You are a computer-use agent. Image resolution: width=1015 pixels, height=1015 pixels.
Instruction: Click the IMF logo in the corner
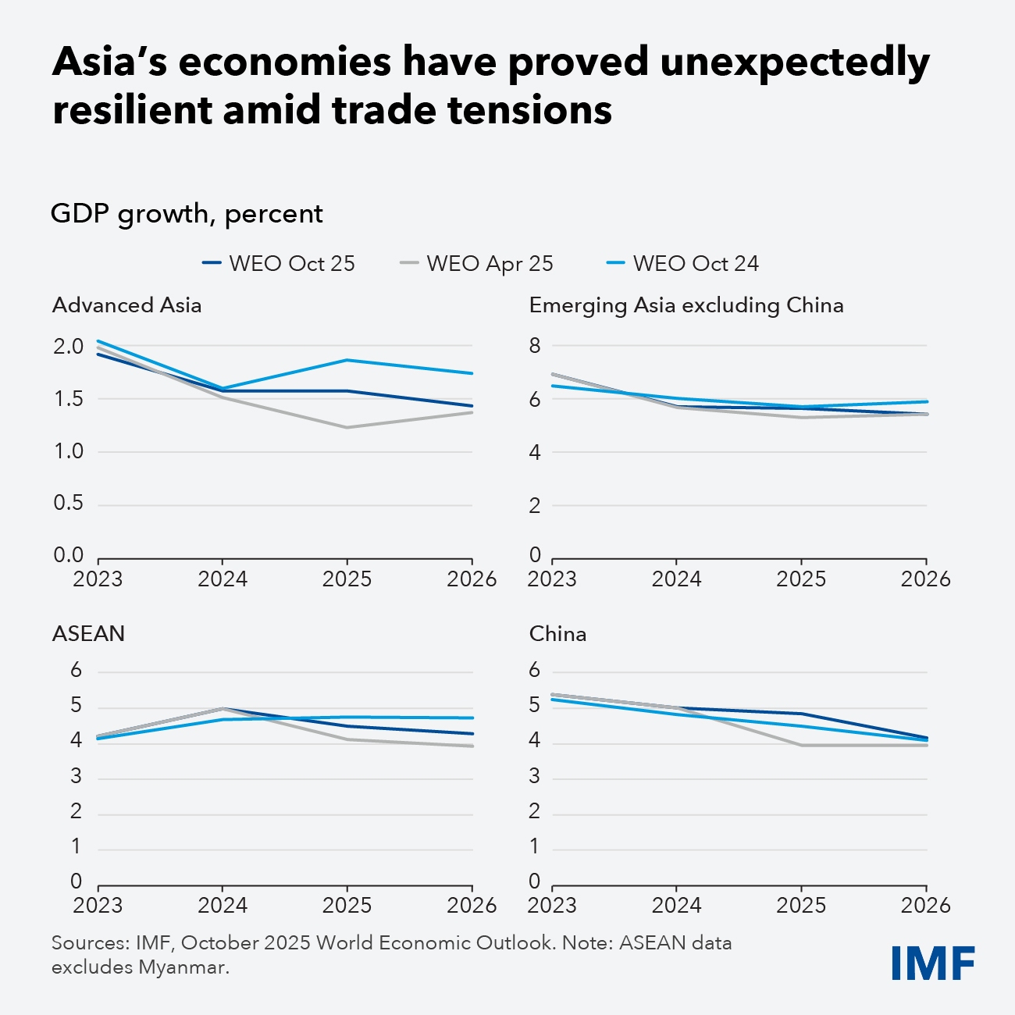coord(933,963)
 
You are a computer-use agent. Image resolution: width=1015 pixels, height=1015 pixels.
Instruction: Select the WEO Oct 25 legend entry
coord(279,264)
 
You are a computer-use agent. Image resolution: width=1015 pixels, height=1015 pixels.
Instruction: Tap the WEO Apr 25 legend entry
coord(477,264)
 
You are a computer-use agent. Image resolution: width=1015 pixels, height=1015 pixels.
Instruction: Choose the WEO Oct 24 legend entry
coord(683,264)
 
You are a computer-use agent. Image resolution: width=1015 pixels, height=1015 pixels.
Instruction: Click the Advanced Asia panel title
coord(127,305)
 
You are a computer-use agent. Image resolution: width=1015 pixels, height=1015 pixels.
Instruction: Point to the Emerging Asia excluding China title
coord(686,305)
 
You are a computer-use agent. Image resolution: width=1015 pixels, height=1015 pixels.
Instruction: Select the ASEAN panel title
coord(88,633)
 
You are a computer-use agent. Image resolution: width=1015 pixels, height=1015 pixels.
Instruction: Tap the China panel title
coord(557,633)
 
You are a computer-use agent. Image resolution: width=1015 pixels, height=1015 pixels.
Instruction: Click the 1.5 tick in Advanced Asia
coord(69,399)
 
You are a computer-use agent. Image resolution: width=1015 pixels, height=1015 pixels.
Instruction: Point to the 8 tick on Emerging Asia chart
coord(535,346)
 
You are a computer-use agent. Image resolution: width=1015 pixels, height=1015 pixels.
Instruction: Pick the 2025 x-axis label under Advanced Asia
coord(347,579)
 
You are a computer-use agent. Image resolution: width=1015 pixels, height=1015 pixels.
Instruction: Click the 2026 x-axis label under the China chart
coord(926,906)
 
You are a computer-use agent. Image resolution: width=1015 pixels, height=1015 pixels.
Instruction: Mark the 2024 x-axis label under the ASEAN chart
coord(223,906)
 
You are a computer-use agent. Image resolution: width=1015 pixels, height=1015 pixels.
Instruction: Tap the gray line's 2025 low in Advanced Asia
coord(347,427)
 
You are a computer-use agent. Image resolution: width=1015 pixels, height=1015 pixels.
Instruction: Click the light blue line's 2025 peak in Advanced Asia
coord(347,360)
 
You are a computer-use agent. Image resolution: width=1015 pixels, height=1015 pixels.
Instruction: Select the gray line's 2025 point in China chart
coord(802,745)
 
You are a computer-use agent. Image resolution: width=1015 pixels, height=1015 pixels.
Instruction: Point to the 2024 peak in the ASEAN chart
coord(223,708)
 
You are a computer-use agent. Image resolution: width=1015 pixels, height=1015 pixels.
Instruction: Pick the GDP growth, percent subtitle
coord(187,214)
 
